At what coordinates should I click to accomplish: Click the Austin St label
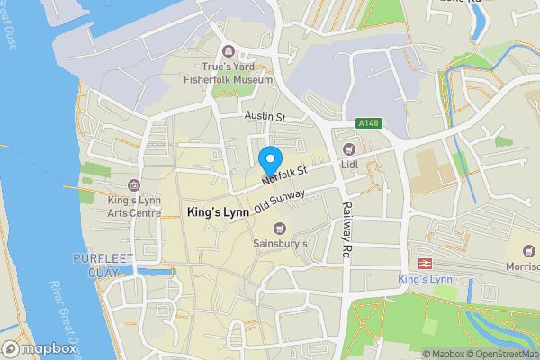click(264, 117)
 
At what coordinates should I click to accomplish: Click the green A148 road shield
click(366, 123)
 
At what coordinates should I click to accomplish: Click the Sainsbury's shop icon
click(279, 228)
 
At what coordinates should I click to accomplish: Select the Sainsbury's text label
click(279, 244)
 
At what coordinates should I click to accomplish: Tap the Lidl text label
click(350, 165)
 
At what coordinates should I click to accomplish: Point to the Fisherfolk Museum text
click(228, 79)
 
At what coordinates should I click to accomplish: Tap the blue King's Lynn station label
click(427, 280)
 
